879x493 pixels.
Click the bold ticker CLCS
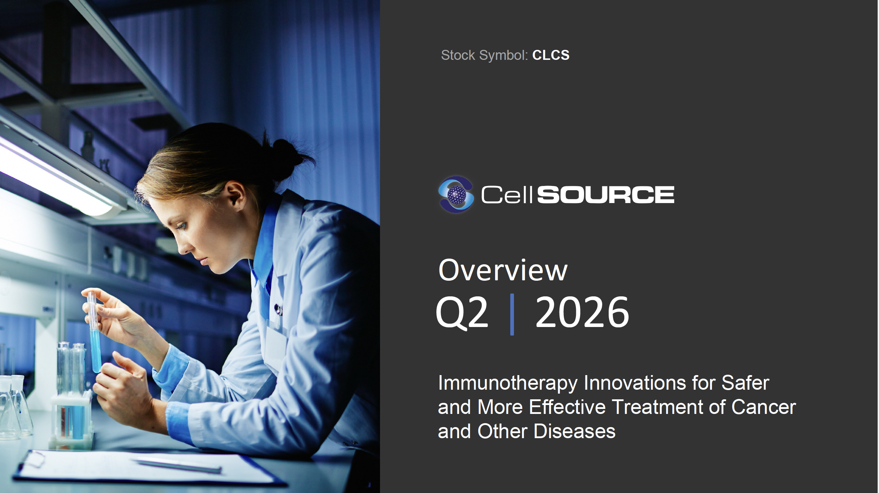tap(551, 55)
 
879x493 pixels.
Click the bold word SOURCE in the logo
tap(605, 195)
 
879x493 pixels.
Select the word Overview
tap(503, 270)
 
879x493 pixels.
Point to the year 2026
tap(582, 312)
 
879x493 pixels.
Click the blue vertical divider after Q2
tap(512, 315)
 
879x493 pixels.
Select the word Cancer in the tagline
tap(764, 407)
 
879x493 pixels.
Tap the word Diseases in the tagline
tap(574, 431)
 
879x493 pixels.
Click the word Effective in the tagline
tap(567, 407)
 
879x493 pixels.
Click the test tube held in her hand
tap(94, 331)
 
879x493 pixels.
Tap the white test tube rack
tap(71, 420)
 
